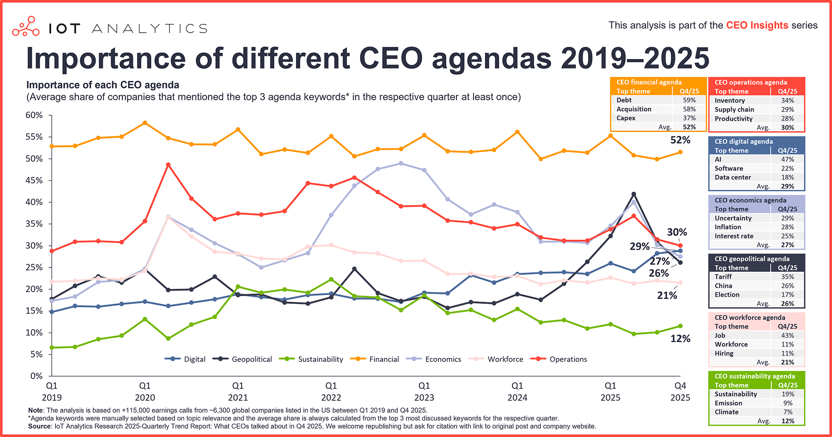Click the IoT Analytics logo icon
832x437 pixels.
26,27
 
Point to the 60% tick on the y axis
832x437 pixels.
34,115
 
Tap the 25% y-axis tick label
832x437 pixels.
34,267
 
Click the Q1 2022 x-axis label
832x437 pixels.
331,391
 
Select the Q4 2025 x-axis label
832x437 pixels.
680,391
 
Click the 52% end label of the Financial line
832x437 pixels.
680,140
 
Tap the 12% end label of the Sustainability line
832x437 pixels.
680,339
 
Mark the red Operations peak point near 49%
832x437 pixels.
168,165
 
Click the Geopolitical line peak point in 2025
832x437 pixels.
634,194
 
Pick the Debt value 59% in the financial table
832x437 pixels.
689,100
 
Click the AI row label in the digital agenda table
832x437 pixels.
718,160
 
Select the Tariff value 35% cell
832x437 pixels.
787,277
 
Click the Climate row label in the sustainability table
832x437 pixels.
726,412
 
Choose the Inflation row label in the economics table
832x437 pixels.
728,227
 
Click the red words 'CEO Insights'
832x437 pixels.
757,26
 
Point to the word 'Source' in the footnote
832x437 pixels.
39,427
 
